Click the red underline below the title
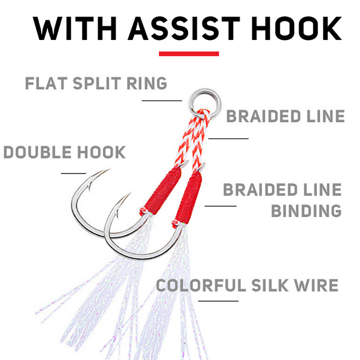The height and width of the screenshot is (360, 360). click(188, 54)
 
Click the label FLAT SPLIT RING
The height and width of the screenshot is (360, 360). click(96, 84)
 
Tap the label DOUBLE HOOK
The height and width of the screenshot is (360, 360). click(65, 152)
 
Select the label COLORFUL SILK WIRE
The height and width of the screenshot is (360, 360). click(247, 285)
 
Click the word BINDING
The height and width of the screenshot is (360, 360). click(307, 210)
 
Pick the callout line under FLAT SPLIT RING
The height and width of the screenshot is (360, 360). click(161, 100)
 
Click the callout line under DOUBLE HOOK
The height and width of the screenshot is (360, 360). click(73, 173)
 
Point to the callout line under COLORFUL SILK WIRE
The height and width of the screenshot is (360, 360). click(218, 300)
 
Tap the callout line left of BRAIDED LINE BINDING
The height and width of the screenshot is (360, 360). click(220, 206)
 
